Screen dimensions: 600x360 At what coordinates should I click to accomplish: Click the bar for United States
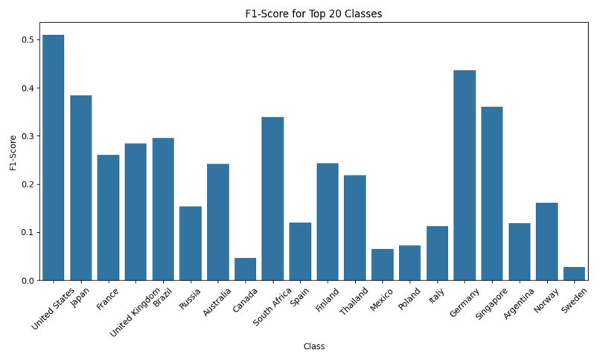53,158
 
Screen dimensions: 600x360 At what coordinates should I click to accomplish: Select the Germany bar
465,176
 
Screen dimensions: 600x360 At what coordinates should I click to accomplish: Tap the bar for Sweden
575,274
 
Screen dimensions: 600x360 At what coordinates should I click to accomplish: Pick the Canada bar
245,269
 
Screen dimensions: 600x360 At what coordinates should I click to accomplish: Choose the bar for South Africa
273,199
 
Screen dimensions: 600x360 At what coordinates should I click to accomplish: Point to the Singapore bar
492,193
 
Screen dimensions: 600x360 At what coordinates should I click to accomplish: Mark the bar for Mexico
383,265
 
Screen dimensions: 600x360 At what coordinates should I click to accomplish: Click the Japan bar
80,188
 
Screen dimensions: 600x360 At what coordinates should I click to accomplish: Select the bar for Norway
547,242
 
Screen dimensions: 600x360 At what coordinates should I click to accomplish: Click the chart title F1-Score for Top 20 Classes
314,13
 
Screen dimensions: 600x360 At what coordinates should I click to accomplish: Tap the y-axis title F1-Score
13,153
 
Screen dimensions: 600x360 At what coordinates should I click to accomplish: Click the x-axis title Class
314,347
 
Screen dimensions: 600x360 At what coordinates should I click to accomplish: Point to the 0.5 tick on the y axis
28,39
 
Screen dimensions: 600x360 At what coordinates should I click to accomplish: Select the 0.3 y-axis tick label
28,136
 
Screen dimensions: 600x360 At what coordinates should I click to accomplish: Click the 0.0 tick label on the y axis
28,280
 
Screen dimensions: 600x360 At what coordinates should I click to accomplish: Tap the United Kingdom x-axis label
135,312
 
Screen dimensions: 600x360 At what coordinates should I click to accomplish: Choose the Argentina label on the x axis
519,303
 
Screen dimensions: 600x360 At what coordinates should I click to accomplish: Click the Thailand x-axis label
354,301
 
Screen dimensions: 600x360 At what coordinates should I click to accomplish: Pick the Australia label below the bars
217,302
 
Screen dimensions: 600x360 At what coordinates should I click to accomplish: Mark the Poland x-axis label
409,299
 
